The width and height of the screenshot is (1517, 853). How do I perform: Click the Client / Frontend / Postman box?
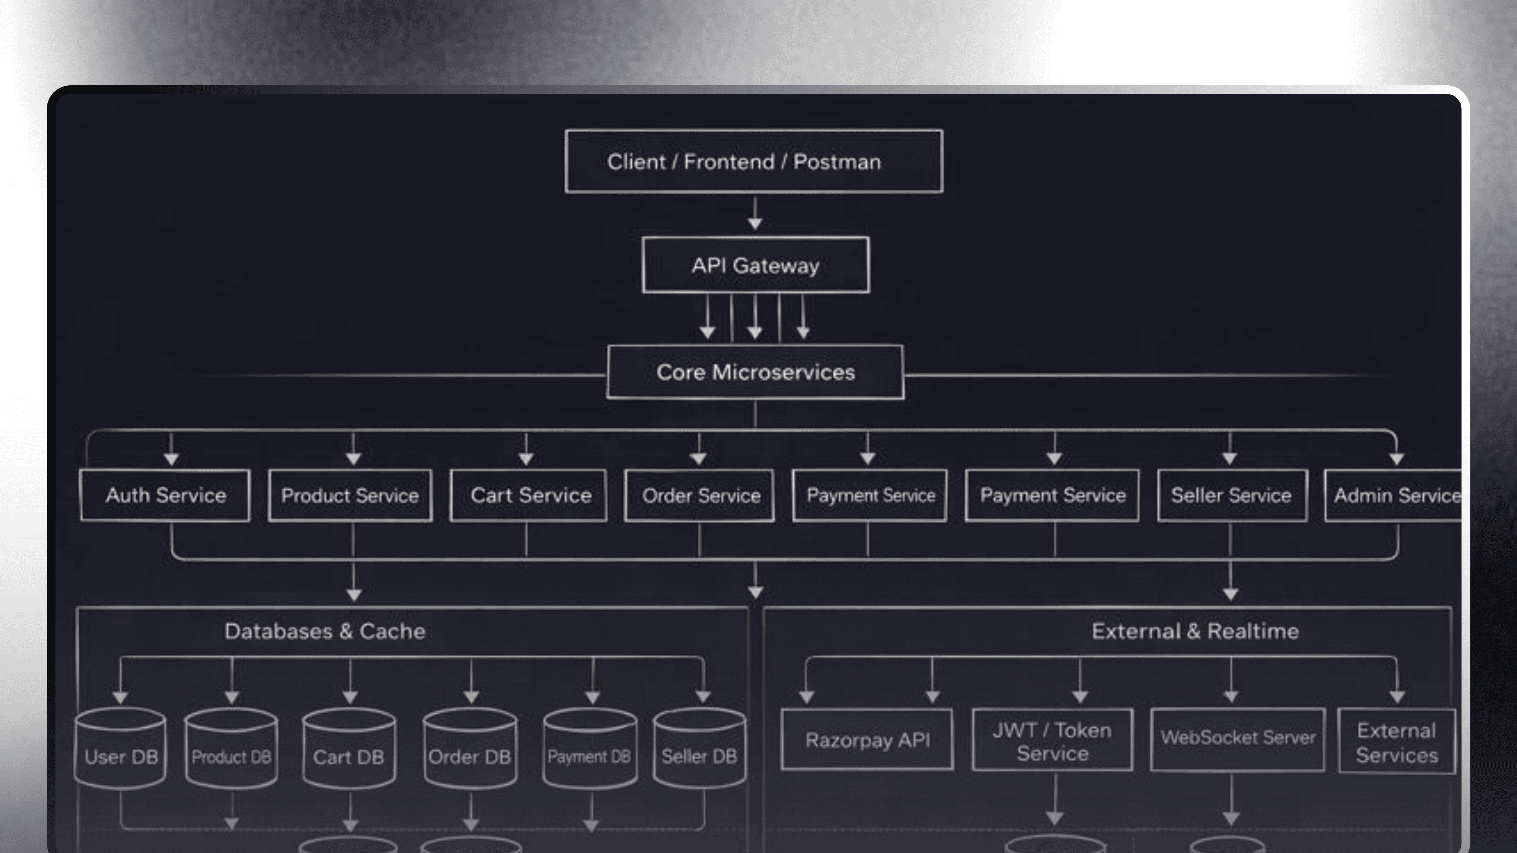754,161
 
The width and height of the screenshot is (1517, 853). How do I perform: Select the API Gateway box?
756,265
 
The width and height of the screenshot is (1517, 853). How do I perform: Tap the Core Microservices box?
756,372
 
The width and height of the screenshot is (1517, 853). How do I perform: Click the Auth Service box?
166,495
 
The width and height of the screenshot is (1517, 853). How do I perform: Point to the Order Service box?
700,495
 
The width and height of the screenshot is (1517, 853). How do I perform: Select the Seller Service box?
1232,495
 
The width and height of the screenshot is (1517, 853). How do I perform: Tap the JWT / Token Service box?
1052,740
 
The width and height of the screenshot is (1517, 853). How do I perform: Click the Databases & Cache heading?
325,631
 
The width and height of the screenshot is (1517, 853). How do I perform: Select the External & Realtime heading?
1195,631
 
